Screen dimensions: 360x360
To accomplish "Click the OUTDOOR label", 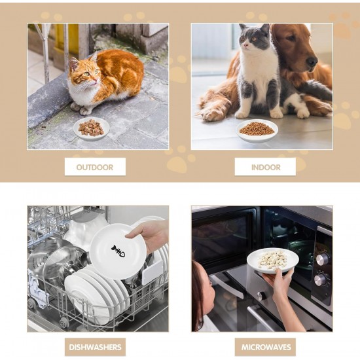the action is click(95, 167).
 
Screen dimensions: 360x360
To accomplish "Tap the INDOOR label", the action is click(266, 167).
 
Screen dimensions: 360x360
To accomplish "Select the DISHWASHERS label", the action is click(95, 347).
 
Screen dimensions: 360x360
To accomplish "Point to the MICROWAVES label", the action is click(266, 347).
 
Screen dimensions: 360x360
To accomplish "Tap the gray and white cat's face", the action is click(251, 39).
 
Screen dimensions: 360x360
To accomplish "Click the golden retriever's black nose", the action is click(312, 62).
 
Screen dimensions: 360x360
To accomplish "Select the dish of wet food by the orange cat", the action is click(92, 128).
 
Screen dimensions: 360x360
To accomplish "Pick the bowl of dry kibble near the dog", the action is click(257, 130).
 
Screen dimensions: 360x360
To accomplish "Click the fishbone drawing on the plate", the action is click(118, 251).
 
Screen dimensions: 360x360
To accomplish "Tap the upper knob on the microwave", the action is click(322, 259).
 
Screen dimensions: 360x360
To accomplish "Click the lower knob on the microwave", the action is click(319, 279).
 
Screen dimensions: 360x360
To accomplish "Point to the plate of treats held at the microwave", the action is click(273, 261).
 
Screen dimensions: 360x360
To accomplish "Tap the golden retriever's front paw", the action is click(210, 115).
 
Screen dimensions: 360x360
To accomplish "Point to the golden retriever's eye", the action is click(291, 38).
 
